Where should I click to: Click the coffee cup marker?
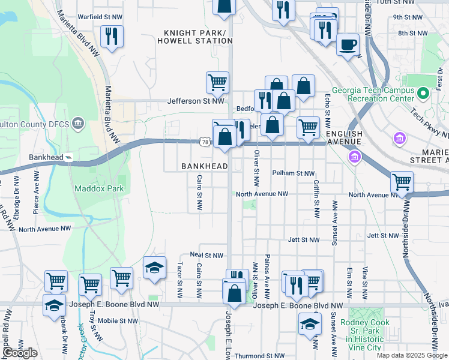[348, 44]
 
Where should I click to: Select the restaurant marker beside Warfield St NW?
[112, 37]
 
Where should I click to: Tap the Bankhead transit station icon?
[70, 158]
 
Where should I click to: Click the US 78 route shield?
[205, 142]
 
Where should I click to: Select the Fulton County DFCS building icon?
[77, 124]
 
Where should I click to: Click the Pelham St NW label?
[293, 173]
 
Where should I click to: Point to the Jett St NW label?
[303, 239]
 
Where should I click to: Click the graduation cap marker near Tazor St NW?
[154, 268]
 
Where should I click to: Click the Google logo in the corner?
[19, 353]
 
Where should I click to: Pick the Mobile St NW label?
[118, 321]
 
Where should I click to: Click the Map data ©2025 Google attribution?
[412, 355]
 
